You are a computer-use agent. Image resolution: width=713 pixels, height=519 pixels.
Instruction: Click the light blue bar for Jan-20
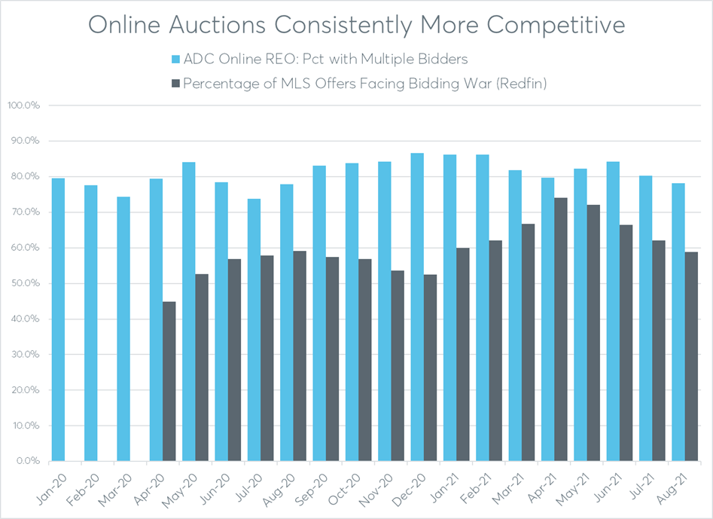(58, 319)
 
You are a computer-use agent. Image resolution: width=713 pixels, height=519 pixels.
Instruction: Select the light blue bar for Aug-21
(678, 322)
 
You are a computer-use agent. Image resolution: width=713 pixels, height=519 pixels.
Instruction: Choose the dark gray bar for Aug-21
(690, 356)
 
